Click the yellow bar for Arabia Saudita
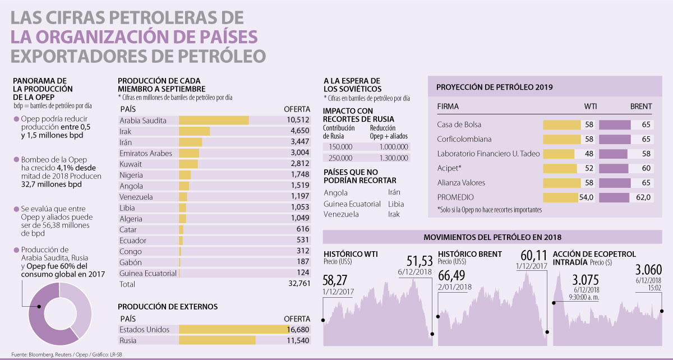point(214,121)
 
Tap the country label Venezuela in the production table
point(136,197)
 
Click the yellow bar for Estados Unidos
point(233,330)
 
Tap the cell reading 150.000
point(338,146)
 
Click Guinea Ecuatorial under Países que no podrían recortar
point(348,204)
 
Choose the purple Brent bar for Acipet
point(613,168)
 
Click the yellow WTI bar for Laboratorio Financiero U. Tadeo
point(559,154)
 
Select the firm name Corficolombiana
point(462,139)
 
